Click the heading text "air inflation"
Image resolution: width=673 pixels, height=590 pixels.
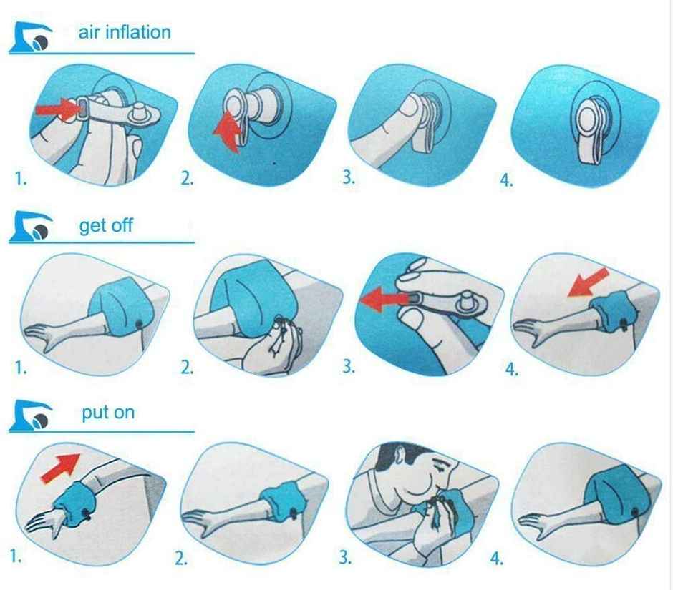tap(125, 32)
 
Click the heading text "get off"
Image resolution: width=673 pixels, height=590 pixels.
tap(106, 226)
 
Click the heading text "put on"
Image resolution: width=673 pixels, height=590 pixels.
tap(107, 413)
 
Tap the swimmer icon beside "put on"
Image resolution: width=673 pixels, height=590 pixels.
tap(30, 417)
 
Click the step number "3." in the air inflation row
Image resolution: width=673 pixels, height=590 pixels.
tap(349, 177)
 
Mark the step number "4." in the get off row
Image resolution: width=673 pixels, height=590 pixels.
tap(512, 369)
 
